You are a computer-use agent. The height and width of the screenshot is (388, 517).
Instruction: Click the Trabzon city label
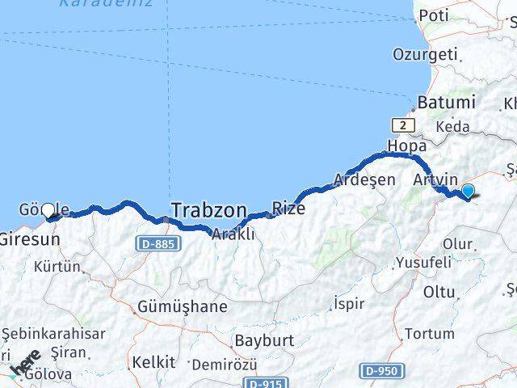point(208,211)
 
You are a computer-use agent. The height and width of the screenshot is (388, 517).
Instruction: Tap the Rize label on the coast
point(288,208)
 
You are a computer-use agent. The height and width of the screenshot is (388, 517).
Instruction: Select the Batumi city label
point(446,103)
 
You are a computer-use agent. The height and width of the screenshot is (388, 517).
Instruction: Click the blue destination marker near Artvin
point(467,192)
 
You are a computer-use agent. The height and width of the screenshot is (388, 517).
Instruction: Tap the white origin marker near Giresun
point(48,210)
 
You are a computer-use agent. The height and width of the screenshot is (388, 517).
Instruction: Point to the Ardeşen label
point(366,179)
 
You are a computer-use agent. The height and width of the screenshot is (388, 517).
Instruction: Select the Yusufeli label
point(423,263)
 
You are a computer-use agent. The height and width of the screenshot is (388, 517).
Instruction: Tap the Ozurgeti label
point(425,54)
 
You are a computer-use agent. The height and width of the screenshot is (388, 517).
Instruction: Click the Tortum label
point(429,333)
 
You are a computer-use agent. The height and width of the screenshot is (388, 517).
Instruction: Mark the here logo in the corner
point(24,364)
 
